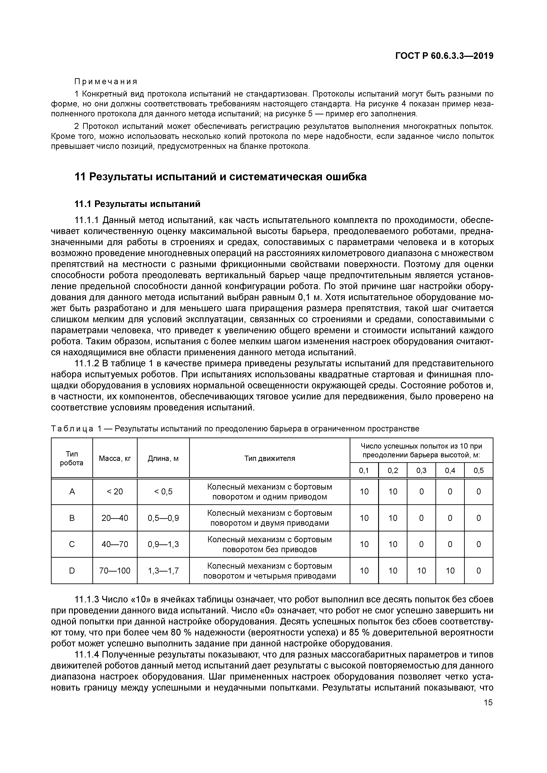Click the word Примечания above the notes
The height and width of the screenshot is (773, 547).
tap(106, 82)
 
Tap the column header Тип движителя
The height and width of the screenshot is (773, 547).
tap(269, 458)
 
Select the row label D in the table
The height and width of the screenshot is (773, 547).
tap(72, 571)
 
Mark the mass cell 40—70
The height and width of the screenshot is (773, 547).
tap(115, 544)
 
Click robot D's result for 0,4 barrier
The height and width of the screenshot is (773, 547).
tap(450, 571)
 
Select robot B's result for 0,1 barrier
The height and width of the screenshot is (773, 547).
tap(364, 518)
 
